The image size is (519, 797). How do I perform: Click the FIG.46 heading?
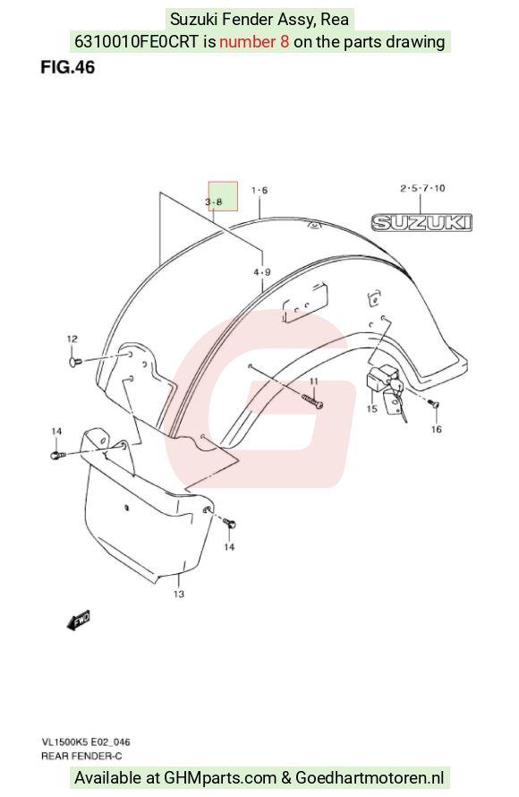point(67,67)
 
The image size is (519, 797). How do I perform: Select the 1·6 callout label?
point(259,190)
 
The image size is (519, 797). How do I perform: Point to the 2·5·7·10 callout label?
point(422,188)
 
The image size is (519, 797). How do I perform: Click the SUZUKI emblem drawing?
point(421,223)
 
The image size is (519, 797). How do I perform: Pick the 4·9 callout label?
point(262,272)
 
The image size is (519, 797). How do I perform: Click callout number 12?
point(72,339)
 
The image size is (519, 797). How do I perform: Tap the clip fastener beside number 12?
point(74,362)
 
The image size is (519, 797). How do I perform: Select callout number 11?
point(313,381)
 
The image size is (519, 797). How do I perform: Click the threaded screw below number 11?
point(311,401)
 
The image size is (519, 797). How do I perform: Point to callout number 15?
point(371,408)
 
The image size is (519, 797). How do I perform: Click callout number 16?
point(436,430)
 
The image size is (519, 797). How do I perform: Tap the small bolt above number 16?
point(434,404)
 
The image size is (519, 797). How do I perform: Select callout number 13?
point(178,594)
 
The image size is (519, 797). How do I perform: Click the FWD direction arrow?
point(79,620)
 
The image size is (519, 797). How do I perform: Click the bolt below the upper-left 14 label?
point(57,455)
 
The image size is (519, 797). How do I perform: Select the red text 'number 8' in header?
point(254,41)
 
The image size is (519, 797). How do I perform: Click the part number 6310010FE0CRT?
point(136,41)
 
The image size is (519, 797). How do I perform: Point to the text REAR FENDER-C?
point(81,756)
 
